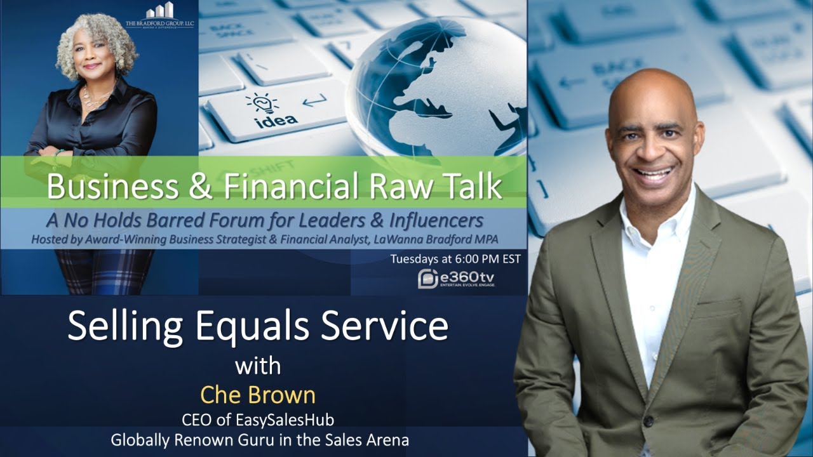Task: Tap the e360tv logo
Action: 457,279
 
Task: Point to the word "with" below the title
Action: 258,366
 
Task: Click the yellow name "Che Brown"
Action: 258,395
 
